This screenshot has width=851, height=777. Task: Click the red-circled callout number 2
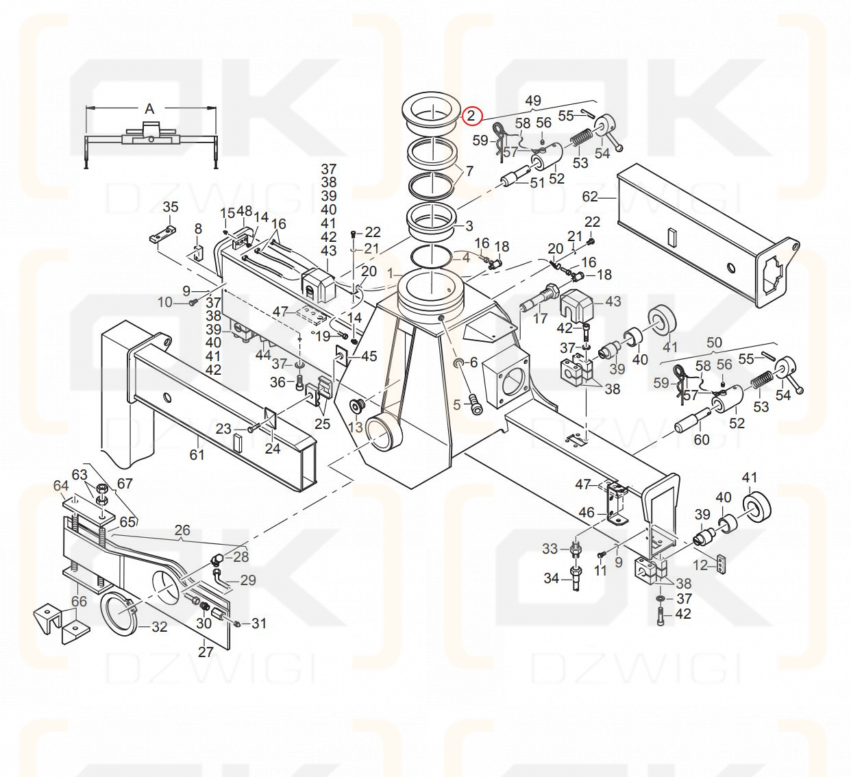click(471, 116)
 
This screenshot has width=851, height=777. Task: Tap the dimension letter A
click(149, 109)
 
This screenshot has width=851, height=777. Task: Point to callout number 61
click(197, 454)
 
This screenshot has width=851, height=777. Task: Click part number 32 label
click(159, 626)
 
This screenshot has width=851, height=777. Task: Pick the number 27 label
click(206, 652)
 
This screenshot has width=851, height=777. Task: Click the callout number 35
click(171, 207)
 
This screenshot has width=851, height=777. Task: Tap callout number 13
click(355, 428)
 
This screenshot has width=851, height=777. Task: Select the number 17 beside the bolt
click(540, 318)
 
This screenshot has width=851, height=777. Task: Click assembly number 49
click(533, 101)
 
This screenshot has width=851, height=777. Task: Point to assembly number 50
click(715, 342)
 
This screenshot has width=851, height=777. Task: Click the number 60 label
click(701, 439)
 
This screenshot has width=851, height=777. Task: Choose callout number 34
click(551, 578)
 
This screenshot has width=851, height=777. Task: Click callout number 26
click(182, 530)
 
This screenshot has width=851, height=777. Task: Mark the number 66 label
click(79, 602)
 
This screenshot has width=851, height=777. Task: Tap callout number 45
click(369, 356)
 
